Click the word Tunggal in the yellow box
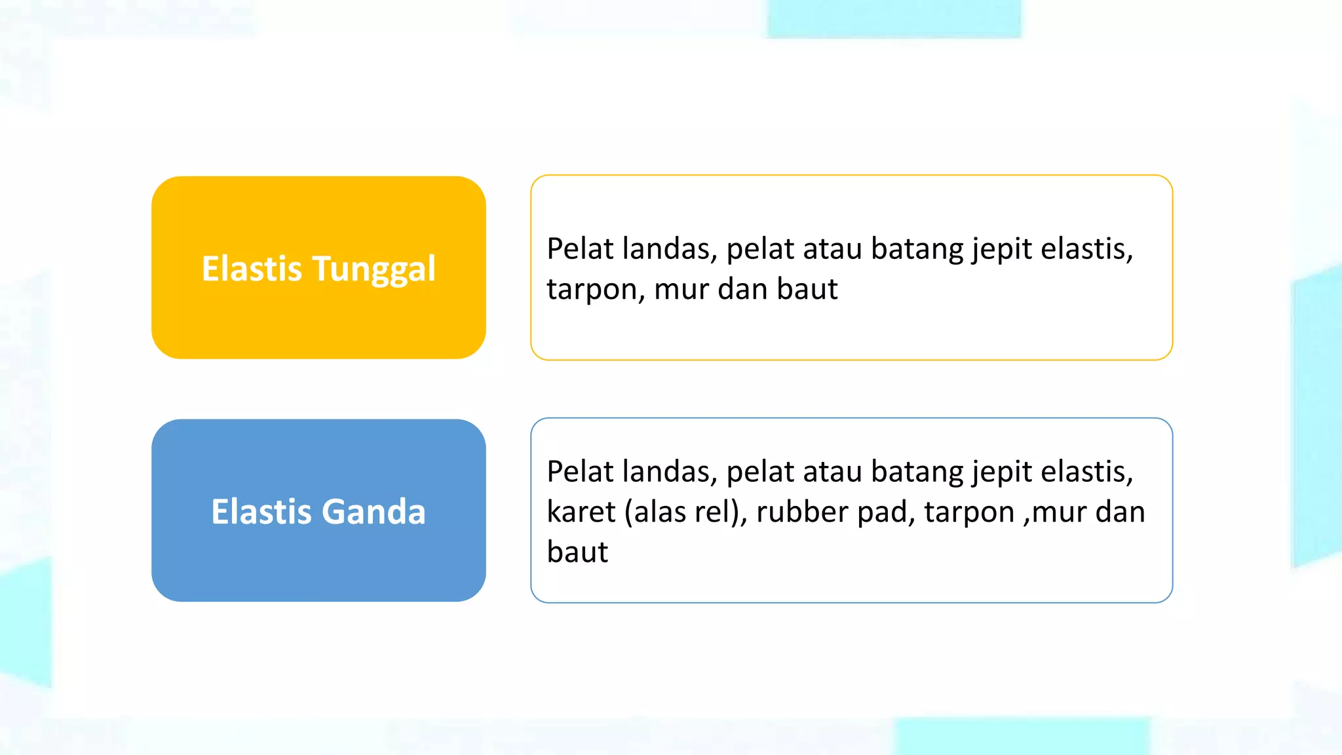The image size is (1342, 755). pos(374,269)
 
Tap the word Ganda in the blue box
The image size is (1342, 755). pos(374,512)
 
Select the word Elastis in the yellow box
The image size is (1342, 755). pos(252,269)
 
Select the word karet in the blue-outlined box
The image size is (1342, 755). pos(581,512)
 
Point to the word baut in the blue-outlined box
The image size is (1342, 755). pos(577,552)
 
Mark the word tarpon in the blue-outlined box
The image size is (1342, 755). pos(969,512)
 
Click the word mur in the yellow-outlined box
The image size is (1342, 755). pos(680,290)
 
